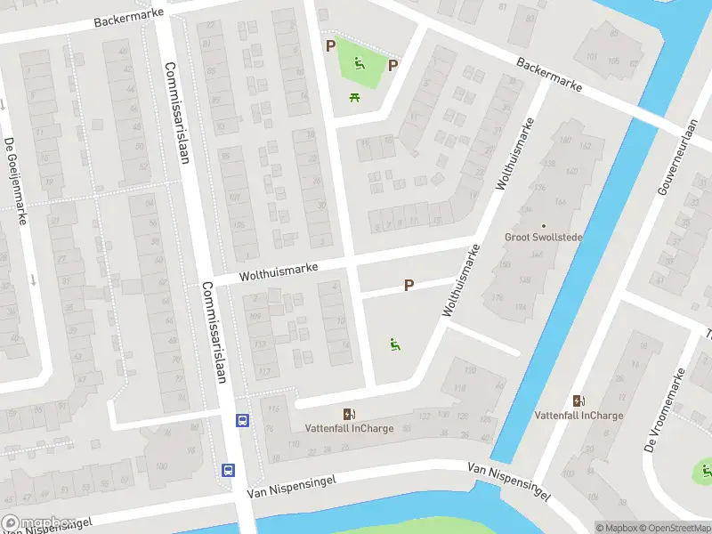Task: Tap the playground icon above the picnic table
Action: tap(360, 62)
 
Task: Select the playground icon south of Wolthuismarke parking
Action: tap(394, 344)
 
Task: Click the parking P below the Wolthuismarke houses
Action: tap(409, 286)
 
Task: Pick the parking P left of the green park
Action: tap(330, 45)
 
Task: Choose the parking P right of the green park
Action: tap(392, 65)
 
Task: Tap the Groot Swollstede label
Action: tap(543, 238)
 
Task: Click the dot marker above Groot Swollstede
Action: tap(543, 225)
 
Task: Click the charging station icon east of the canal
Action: tap(578, 401)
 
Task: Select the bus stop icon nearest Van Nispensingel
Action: tap(229, 471)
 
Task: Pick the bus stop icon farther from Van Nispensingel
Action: tap(241, 421)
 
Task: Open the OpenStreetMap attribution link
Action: tap(671, 527)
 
